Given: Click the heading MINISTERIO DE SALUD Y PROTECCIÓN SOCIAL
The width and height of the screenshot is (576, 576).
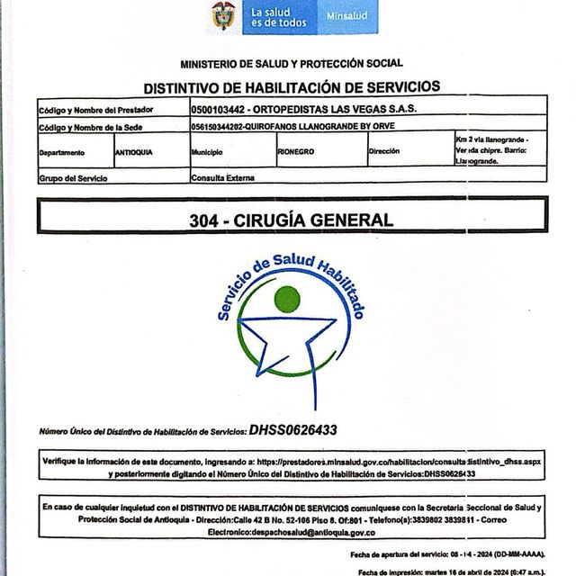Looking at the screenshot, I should click(292, 64).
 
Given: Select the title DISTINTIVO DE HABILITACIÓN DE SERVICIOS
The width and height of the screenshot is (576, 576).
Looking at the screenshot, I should click(292, 87).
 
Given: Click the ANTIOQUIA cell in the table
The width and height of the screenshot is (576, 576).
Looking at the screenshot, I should click(135, 152).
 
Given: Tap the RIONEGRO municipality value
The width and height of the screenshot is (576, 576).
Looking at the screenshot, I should click(296, 152).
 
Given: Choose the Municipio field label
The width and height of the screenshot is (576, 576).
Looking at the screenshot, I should click(207, 152).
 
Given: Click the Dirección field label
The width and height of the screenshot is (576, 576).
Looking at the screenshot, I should click(384, 152).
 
